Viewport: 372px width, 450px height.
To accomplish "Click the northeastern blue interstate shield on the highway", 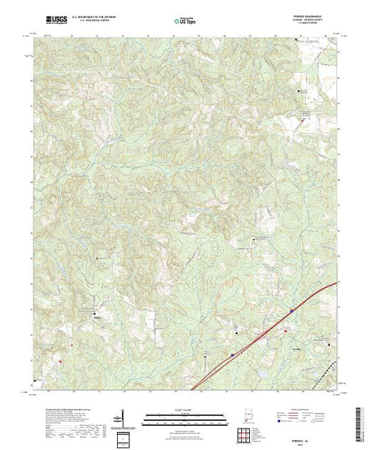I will tap(291, 310).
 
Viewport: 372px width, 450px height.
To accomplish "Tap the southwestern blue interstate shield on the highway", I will tap(232, 353).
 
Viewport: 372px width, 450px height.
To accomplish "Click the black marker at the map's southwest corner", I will tap(35, 381).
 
